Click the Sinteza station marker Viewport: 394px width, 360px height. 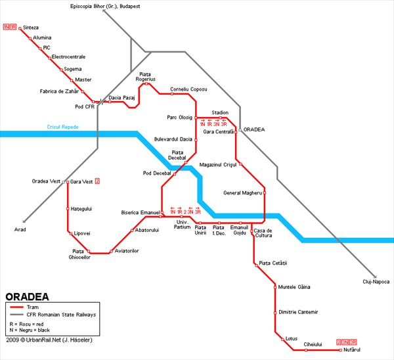20,28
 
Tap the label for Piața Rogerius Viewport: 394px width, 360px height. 146,77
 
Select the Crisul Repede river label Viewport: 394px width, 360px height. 62,127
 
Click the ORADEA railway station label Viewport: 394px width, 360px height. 254,129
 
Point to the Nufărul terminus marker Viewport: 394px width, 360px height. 340,350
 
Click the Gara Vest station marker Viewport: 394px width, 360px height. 68,182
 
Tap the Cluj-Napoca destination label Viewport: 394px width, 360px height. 376,282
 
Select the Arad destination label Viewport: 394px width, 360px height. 20,229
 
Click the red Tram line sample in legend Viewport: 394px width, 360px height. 16,307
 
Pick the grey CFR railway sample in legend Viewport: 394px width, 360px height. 16,315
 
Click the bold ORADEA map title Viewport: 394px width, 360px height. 27,297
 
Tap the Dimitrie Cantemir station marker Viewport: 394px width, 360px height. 275,313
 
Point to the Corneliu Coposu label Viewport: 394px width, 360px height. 188,89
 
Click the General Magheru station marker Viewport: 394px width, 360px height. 265,193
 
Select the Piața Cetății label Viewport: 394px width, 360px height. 273,263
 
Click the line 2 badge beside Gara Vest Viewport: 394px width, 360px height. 97,181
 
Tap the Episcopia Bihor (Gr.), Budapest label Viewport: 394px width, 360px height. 105,7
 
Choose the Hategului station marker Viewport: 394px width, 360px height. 68,209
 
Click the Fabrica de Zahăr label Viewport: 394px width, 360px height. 59,91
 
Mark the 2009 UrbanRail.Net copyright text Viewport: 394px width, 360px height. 49,340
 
